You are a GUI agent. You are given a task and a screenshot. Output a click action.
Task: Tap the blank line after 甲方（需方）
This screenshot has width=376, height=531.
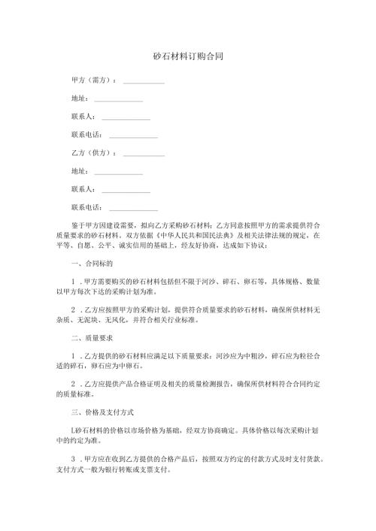click(x=143, y=81)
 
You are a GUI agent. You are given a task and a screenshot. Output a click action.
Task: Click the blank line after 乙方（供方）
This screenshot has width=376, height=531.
click(x=143, y=155)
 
